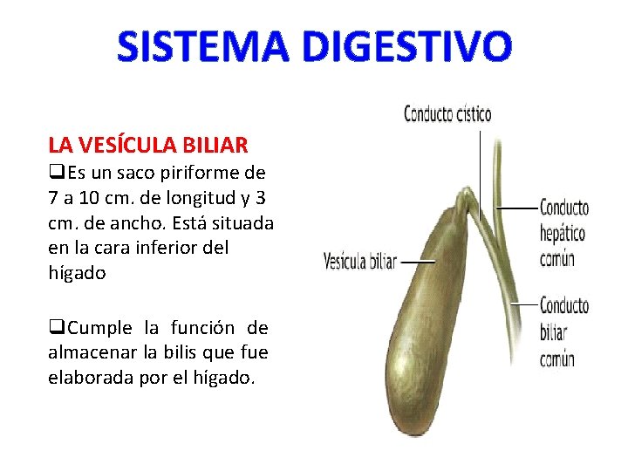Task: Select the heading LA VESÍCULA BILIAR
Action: click(x=148, y=144)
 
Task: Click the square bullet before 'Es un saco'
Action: click(x=55, y=172)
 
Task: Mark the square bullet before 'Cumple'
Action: click(x=55, y=328)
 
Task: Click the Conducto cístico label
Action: click(x=447, y=114)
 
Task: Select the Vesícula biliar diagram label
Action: click(x=359, y=261)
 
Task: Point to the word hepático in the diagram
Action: click(x=562, y=234)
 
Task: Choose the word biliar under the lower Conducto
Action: click(x=553, y=332)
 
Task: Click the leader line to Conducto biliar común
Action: click(x=522, y=304)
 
